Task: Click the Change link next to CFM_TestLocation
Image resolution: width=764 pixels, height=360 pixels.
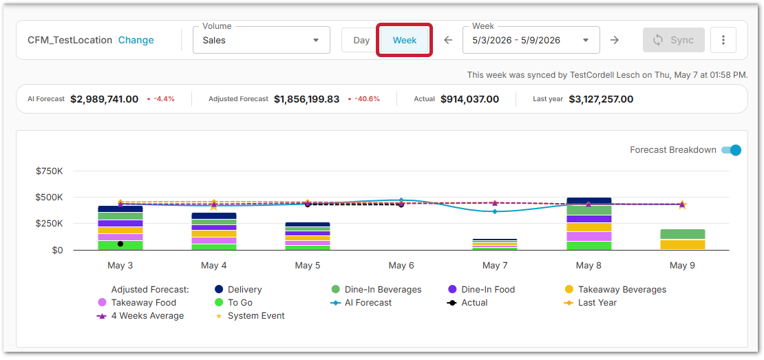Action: (136, 40)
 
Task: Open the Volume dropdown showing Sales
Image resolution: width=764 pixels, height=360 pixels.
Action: (261, 40)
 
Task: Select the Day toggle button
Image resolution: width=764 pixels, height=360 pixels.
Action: (361, 40)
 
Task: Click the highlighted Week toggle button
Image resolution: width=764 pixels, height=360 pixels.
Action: (405, 40)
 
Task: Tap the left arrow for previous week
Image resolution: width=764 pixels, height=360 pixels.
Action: (448, 40)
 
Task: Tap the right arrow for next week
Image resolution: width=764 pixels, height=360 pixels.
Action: (615, 40)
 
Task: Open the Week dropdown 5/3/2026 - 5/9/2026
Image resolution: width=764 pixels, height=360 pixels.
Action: (531, 40)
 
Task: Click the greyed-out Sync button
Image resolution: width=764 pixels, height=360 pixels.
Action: (673, 40)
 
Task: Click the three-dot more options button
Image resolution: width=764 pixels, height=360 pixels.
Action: (723, 40)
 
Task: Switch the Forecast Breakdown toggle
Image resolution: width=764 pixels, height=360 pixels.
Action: (731, 150)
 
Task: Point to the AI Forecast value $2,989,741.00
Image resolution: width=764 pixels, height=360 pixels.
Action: (104, 99)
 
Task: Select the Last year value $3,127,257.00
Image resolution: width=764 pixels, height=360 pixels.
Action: (601, 99)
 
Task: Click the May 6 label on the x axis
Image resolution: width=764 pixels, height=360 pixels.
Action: (401, 266)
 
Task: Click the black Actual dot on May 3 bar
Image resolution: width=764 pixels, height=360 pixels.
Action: (120, 244)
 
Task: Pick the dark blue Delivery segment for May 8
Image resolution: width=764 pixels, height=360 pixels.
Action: (588, 201)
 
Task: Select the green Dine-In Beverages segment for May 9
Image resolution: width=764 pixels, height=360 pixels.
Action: (682, 234)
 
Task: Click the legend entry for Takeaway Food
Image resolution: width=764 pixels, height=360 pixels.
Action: (137, 302)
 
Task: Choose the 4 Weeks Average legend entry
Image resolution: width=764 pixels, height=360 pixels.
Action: (140, 316)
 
